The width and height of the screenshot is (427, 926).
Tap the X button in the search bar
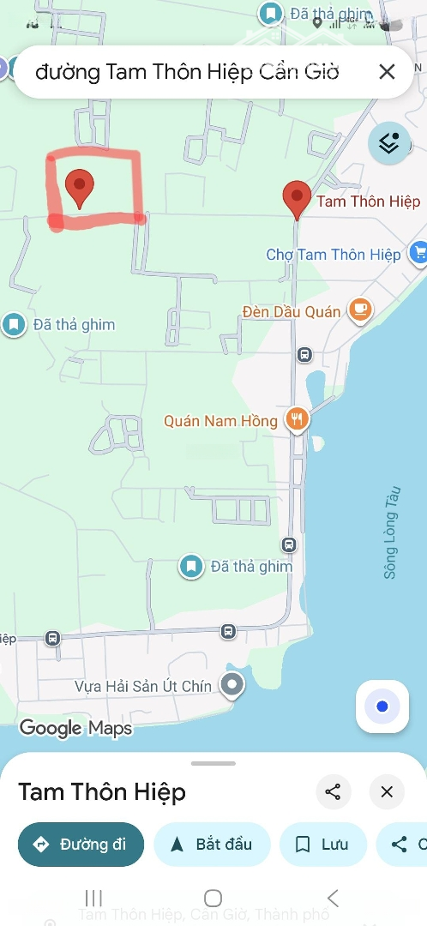pos(387,72)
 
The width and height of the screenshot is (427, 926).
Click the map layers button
pos(389,143)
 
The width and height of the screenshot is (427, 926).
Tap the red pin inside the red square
pos(80,186)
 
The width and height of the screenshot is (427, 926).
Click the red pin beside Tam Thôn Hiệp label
pos(297,198)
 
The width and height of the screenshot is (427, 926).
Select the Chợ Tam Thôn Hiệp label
pos(333,255)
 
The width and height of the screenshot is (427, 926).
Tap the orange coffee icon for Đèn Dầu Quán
pos(361,311)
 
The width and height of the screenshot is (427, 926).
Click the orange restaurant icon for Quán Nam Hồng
pos(298,419)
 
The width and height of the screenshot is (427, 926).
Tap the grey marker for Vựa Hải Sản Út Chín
pos(232,684)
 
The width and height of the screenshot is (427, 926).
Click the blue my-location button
pos(382,707)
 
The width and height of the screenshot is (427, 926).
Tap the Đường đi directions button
pos(80,845)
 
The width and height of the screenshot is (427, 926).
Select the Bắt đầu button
pos(212,845)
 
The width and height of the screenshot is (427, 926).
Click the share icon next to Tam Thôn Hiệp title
pos(334,791)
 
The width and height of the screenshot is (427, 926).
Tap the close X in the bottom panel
pos(387,791)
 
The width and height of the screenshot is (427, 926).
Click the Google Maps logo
pos(75,729)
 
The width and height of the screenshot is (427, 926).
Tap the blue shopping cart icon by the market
pos(418,252)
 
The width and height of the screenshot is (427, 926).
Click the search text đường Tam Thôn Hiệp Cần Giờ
pos(187,72)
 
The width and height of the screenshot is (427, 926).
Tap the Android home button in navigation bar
pos(213,898)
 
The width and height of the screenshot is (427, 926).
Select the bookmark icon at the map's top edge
pos(271,14)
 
